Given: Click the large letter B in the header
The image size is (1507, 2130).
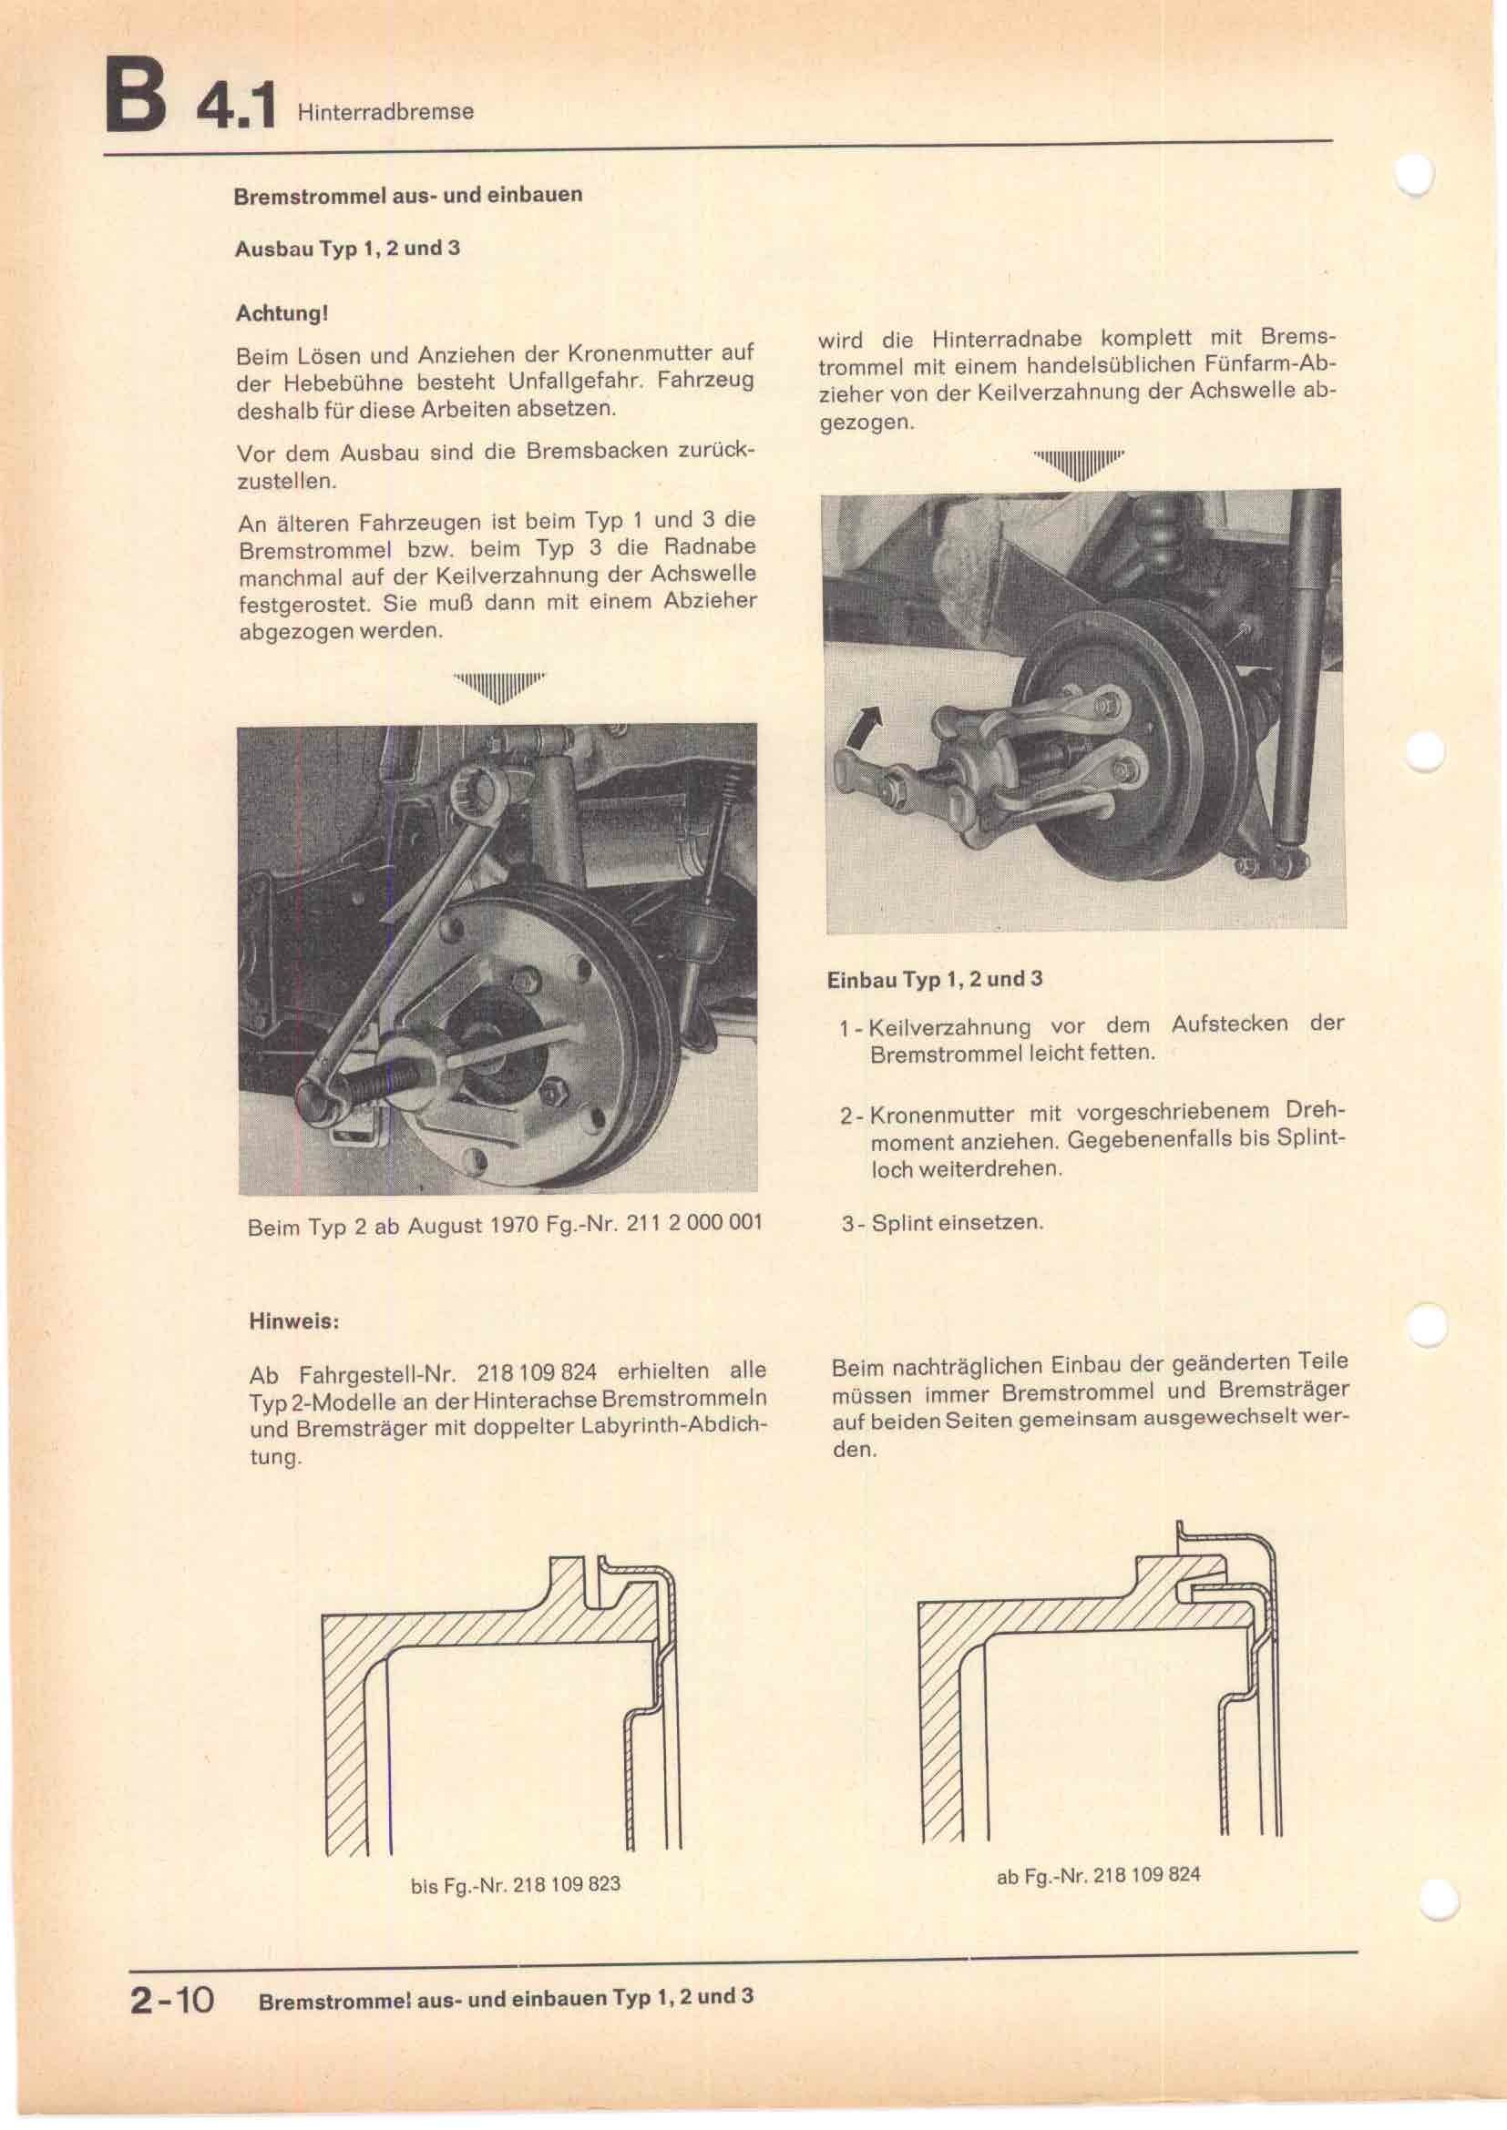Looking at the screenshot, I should click(x=138, y=97).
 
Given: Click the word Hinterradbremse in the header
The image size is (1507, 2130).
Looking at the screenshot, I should click(x=385, y=112).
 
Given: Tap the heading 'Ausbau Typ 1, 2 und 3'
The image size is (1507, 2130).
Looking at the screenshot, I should click(x=347, y=249).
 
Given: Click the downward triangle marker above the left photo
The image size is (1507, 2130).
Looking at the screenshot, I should click(x=498, y=688).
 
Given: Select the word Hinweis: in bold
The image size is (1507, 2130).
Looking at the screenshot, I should click(x=293, y=1320).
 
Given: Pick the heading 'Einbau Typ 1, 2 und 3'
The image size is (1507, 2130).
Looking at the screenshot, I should click(x=935, y=980).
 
